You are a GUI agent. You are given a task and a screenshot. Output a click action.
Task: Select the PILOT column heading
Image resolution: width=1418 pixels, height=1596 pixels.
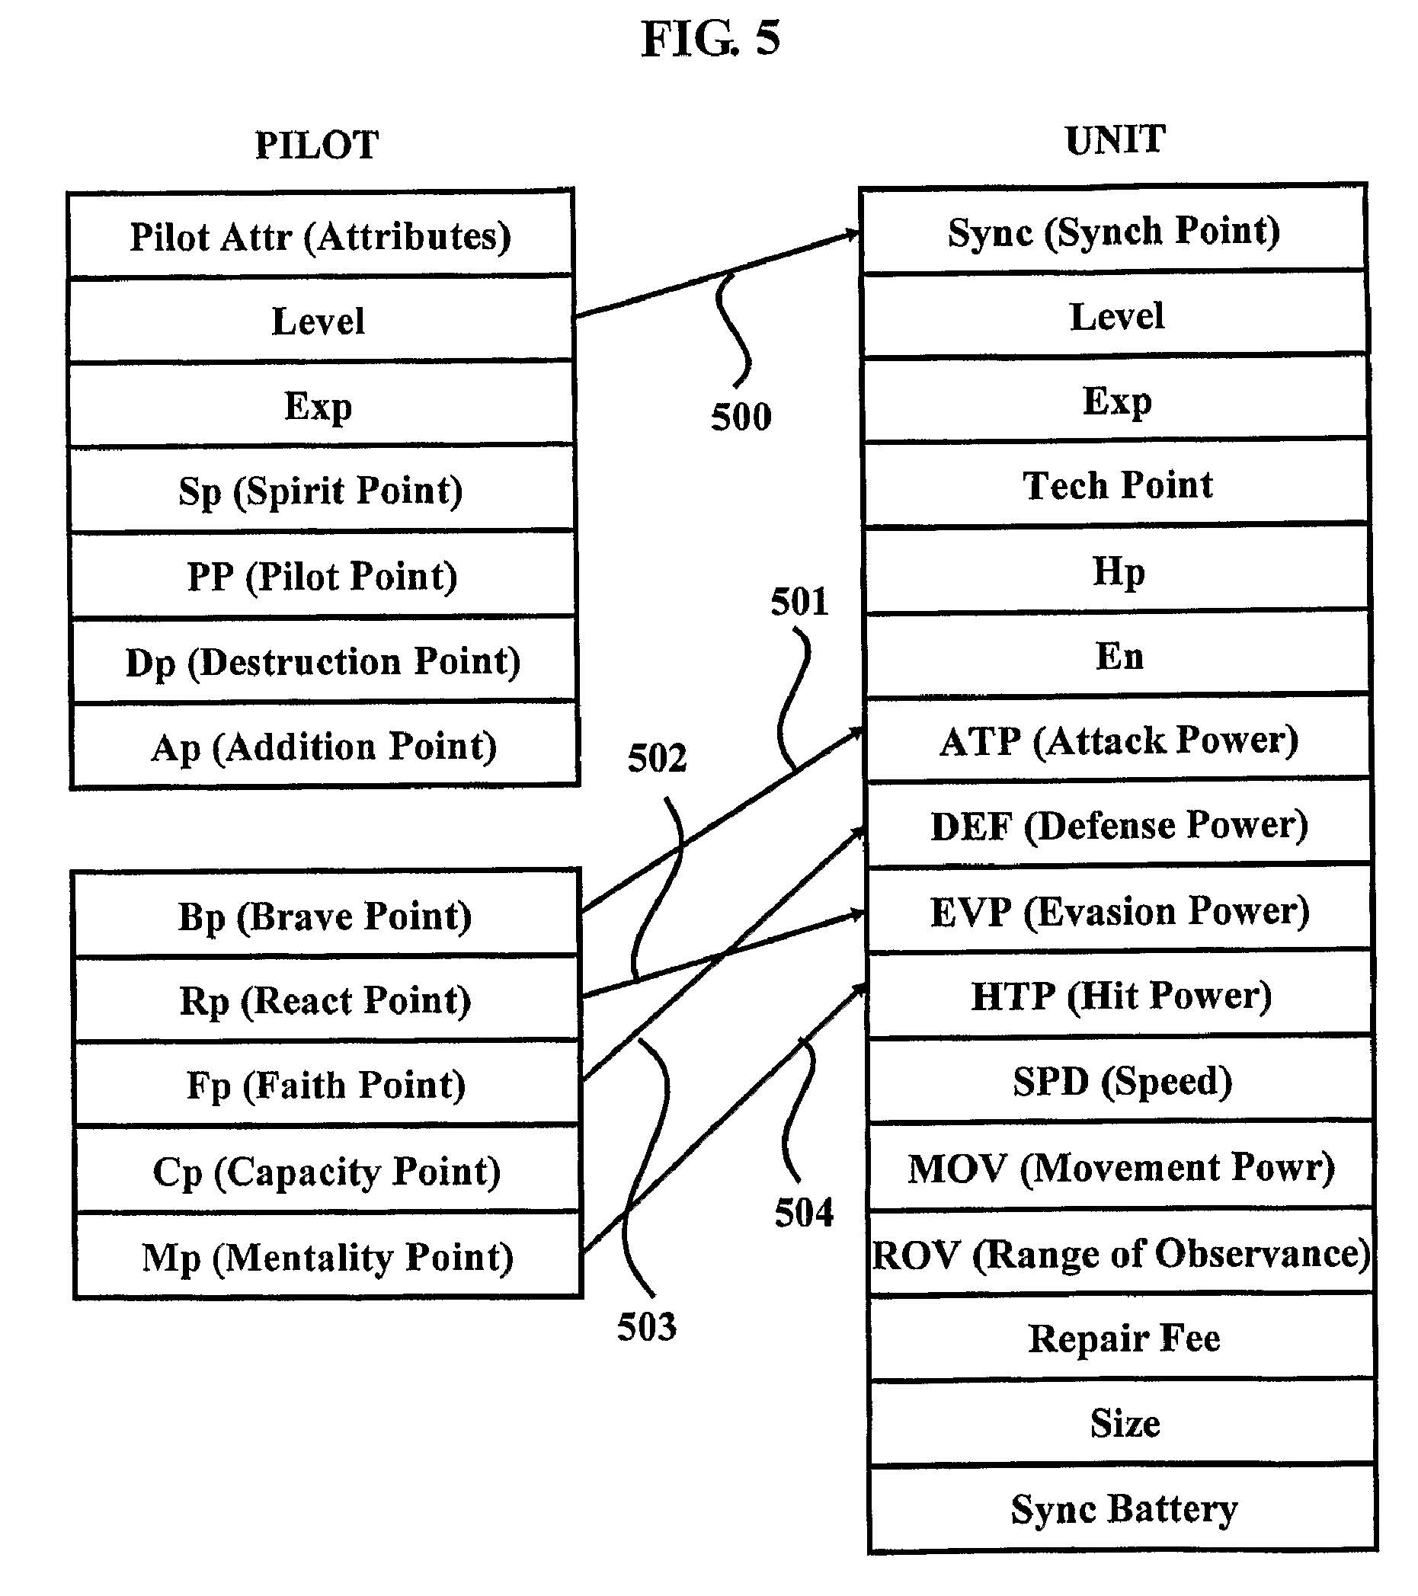[316, 146]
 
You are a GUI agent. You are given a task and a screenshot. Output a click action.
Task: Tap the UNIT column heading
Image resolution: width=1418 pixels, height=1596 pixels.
[1114, 140]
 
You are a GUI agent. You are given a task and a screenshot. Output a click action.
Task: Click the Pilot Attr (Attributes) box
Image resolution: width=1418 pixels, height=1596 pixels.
[321, 236]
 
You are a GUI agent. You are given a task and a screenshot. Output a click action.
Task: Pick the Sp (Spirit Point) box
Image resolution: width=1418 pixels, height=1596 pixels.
[321, 491]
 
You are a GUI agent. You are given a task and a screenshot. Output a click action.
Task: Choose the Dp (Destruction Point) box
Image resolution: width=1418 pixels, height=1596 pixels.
[322, 661]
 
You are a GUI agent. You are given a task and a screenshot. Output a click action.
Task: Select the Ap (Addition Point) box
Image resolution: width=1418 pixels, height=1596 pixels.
[324, 747]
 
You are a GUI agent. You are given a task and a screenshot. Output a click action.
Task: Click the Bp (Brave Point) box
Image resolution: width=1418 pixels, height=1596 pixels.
[325, 916]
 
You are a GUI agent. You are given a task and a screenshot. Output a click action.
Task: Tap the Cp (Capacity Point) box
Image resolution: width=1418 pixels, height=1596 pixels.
[326, 1171]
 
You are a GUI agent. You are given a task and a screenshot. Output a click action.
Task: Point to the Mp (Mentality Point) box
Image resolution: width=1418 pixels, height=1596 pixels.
[327, 1257]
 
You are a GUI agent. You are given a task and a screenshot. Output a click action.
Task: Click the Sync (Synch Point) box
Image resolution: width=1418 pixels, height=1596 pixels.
[1113, 231]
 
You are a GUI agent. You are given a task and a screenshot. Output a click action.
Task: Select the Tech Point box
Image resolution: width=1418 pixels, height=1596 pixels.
[1117, 485]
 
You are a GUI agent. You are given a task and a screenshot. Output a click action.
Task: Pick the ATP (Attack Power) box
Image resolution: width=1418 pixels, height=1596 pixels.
[1118, 740]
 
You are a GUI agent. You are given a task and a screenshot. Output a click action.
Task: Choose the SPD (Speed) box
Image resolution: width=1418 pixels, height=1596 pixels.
[1122, 1082]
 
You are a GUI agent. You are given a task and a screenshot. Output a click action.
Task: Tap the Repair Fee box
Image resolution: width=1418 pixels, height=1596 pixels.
[1123, 1339]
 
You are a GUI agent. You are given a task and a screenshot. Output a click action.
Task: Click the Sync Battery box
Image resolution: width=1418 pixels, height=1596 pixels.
[1124, 1508]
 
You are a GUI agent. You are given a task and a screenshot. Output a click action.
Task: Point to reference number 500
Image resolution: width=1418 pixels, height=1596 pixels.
[740, 417]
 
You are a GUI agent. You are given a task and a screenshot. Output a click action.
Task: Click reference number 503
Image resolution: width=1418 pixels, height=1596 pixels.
[647, 1326]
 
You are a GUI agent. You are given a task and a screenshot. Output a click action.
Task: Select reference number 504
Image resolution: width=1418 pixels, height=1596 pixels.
[803, 1213]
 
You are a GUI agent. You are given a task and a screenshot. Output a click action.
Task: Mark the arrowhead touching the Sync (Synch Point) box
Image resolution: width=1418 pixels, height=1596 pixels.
[851, 233]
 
